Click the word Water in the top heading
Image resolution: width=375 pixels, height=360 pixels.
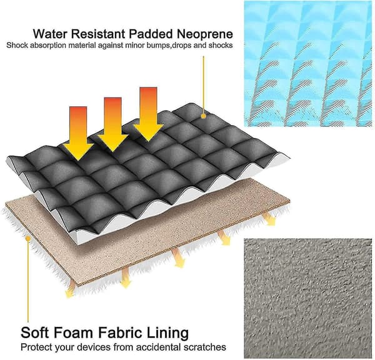click(x=50, y=34)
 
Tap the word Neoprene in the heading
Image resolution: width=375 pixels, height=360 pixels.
click(x=205, y=34)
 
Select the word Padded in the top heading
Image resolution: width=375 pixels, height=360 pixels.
click(x=151, y=34)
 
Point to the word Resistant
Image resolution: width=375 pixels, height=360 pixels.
click(x=98, y=34)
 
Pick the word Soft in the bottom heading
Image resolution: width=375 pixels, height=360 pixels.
click(x=36, y=332)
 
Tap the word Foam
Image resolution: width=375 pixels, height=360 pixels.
click(x=73, y=332)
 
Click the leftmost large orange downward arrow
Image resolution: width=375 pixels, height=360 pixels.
click(x=78, y=134)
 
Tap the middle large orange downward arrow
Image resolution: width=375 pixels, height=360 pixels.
click(x=113, y=124)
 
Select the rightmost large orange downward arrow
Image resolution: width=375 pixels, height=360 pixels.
click(x=149, y=114)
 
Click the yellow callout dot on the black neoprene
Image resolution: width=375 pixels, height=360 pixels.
click(x=204, y=116)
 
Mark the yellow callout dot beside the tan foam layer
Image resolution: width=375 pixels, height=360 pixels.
click(x=28, y=239)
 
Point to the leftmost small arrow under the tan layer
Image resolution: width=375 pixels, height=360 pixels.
click(x=70, y=288)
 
